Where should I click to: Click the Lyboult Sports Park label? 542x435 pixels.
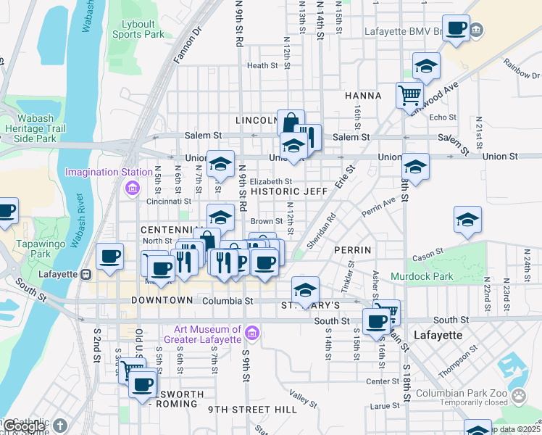(x=138, y=28)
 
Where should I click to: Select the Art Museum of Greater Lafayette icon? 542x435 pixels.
(x=251, y=333)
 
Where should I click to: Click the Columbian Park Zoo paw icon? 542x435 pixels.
(x=519, y=395)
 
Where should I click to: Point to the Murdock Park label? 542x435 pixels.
(x=421, y=276)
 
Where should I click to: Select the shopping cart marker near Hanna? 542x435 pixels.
(x=409, y=94)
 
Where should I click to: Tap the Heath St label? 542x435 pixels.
(x=262, y=65)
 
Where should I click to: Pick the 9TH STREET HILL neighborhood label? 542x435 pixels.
(x=252, y=410)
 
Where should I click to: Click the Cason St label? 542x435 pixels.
(x=427, y=254)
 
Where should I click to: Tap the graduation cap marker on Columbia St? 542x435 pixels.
(x=305, y=289)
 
